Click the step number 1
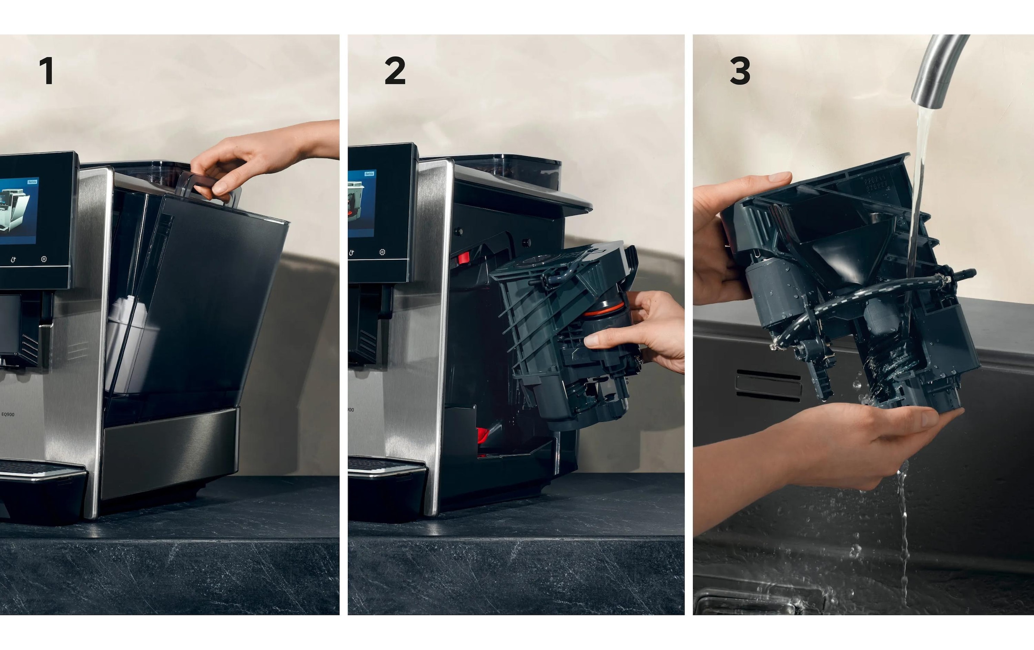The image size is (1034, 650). tap(46, 71)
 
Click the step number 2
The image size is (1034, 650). tap(395, 71)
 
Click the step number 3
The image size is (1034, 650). tap(740, 71)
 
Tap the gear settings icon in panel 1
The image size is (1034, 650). tap(44, 259)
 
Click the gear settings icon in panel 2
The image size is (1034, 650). tap(382, 252)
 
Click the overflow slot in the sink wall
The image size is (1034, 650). tap(768, 383)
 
